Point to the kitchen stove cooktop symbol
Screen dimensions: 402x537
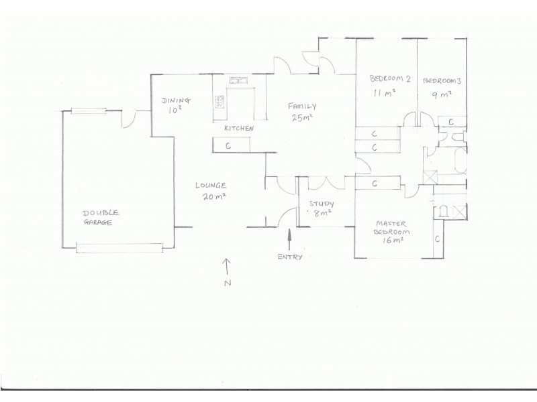click(x=219, y=102)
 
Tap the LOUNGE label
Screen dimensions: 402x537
click(x=210, y=186)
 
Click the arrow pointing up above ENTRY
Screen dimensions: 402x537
click(x=290, y=239)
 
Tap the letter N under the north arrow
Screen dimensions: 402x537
click(x=227, y=283)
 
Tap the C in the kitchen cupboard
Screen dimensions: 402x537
click(x=229, y=145)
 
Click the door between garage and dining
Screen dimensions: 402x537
click(x=128, y=119)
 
